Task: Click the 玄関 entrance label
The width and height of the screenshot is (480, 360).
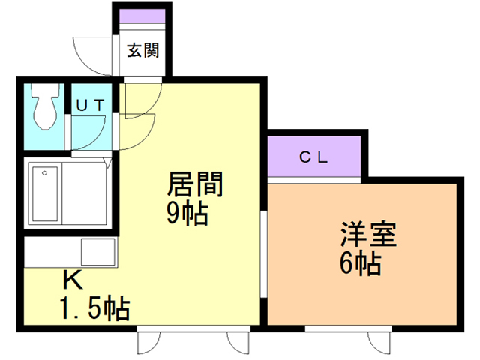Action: pos(142,51)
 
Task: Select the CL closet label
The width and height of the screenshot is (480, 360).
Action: pos(313,157)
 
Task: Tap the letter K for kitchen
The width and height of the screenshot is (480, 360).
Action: pos(72,280)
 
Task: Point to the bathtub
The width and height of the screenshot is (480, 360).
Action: pos(44,193)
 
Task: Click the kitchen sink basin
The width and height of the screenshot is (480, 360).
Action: pos(97,250)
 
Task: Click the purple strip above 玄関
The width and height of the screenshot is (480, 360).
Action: pos(142,17)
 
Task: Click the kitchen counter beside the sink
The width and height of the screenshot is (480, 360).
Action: pos(52,250)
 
